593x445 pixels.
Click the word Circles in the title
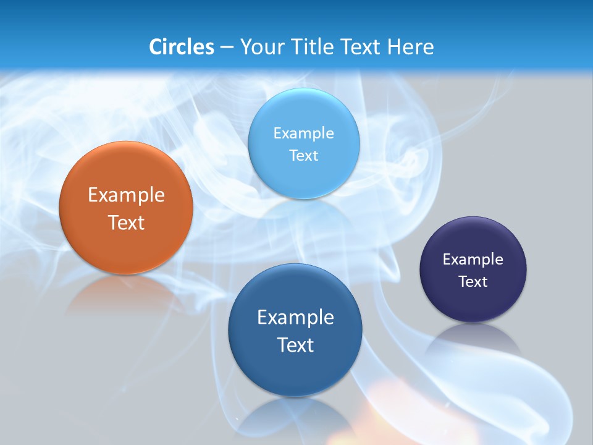pos(182,47)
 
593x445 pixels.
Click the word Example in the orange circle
pos(126,195)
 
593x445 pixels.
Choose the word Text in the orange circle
pos(126,222)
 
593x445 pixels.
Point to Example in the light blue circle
pos(303,133)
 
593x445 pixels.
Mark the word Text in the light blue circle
pos(303,155)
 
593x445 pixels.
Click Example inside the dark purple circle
pos(473,259)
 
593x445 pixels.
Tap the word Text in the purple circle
pos(473,281)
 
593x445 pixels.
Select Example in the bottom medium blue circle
pos(295,317)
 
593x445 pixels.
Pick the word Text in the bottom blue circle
pos(295,344)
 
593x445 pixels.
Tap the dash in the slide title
pos(226,48)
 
